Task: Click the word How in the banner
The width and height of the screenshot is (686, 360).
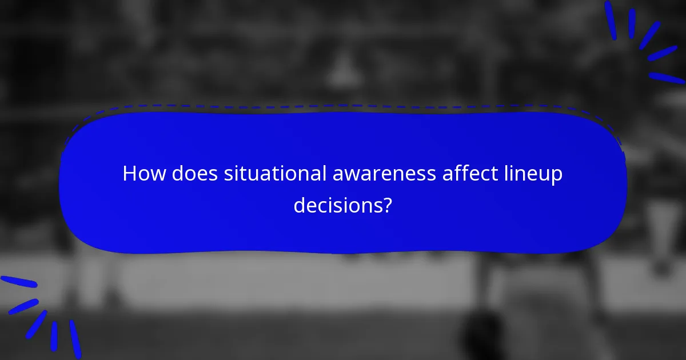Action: tap(140, 174)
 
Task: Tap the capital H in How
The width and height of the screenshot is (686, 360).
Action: tap(129, 174)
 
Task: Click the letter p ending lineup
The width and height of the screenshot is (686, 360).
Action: tap(557, 177)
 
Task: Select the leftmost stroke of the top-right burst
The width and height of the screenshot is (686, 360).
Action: tap(611, 21)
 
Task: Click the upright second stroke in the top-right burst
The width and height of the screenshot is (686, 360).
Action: tap(632, 23)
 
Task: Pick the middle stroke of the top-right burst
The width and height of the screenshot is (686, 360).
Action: tap(649, 35)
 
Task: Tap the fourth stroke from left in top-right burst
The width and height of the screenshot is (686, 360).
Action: tap(663, 53)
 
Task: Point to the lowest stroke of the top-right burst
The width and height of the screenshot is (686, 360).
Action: tap(667, 78)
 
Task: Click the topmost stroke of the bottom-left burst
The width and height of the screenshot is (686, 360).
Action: tap(18, 282)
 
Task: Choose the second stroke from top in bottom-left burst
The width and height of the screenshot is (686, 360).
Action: tap(23, 306)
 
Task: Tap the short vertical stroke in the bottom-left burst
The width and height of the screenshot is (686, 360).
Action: tap(54, 336)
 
